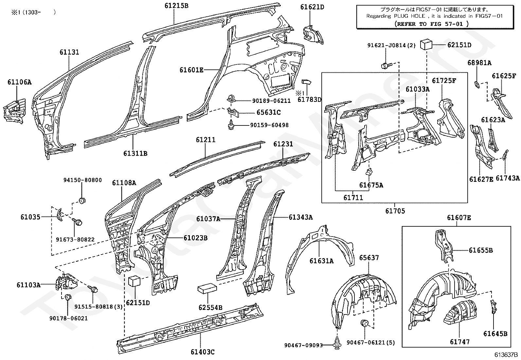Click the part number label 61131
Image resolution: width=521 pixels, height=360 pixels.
(x=69, y=52)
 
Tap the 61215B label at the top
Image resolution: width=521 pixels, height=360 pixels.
(x=176, y=6)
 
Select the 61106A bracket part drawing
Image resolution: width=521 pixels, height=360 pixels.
(x=15, y=111)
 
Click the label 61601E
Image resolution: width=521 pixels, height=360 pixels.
(x=191, y=70)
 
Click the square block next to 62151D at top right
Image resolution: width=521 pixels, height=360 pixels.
(x=426, y=45)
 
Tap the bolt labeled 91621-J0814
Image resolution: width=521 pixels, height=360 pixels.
(x=386, y=66)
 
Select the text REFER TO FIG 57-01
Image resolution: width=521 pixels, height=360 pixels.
(x=432, y=24)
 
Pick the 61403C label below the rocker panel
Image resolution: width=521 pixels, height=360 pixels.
(x=203, y=352)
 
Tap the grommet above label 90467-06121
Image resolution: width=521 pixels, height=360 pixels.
(x=364, y=323)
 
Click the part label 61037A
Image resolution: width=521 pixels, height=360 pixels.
(x=208, y=219)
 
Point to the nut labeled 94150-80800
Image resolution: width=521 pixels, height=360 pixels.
(x=81, y=200)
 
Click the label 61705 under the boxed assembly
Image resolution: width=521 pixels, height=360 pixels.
(x=395, y=211)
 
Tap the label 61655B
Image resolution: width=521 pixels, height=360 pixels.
(x=481, y=250)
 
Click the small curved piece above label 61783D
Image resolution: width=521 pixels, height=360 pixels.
(x=306, y=82)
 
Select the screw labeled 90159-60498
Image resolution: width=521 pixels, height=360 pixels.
(x=231, y=124)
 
